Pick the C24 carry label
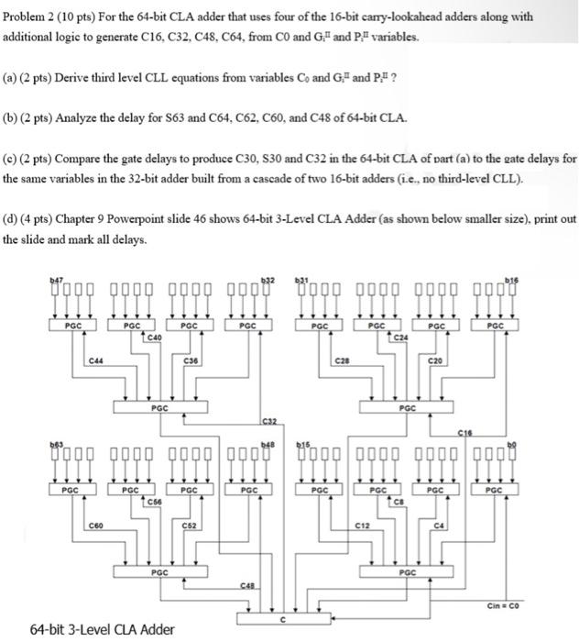point(400,337)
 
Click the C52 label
point(191,526)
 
